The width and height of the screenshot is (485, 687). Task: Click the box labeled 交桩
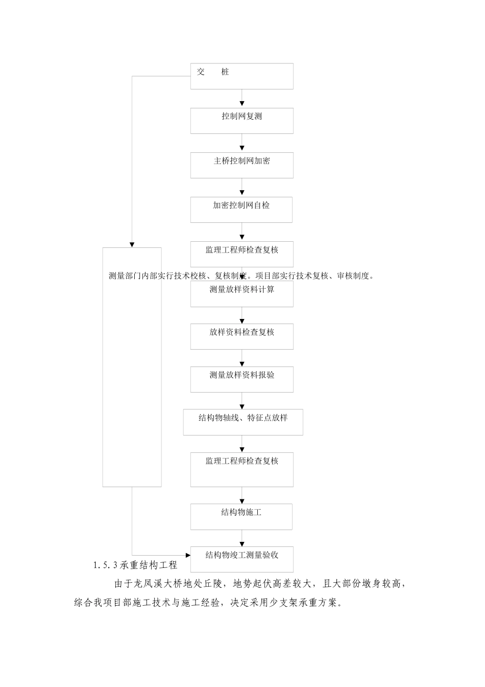(242, 76)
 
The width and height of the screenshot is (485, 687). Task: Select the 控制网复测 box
(242, 121)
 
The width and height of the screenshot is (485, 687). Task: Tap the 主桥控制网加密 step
(242, 165)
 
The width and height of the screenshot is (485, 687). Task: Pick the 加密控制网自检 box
(241, 210)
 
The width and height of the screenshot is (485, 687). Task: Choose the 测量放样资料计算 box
(242, 294)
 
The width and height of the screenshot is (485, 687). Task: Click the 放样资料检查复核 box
(242, 336)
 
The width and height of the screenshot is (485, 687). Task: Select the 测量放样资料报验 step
(242, 379)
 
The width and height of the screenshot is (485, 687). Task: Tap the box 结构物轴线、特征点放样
(243, 422)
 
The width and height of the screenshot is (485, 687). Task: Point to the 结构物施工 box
(241, 517)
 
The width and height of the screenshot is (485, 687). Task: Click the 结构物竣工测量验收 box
(242, 559)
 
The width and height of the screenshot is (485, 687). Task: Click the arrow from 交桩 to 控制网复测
(242, 98)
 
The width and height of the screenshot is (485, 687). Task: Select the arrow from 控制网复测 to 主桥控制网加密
(242, 143)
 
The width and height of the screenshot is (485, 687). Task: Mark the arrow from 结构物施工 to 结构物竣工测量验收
(242, 538)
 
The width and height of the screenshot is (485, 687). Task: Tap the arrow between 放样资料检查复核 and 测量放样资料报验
(242, 358)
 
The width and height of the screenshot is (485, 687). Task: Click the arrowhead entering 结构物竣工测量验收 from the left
(187, 555)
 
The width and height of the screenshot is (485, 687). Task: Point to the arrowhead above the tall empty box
(132, 244)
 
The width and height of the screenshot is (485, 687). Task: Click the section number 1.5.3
(106, 565)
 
